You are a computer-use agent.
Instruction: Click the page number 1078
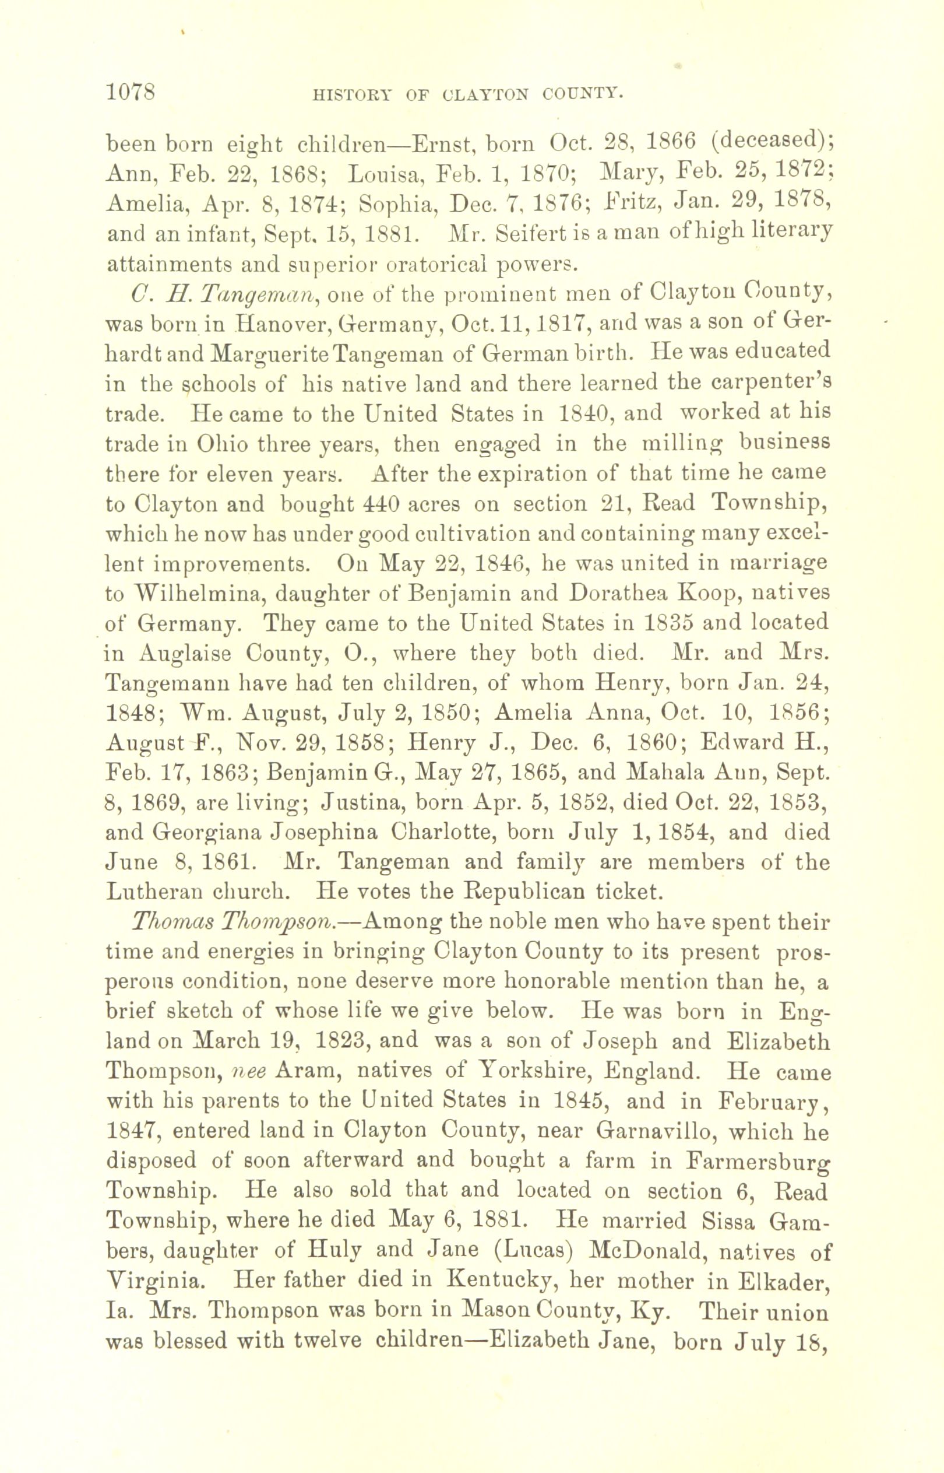pos(132,92)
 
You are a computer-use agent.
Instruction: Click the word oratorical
pos(425,264)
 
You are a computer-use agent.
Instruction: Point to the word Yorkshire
pos(534,1072)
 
